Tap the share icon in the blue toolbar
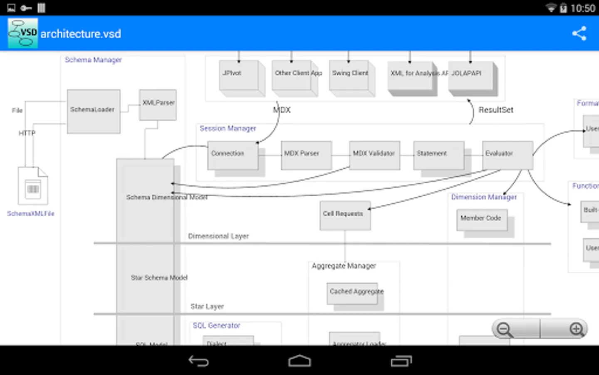coord(579,34)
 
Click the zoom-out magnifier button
coord(505,330)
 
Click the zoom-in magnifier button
coord(577,329)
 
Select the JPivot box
coord(238,75)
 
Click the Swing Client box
coord(349,75)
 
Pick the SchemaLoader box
coord(94,111)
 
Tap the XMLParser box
coord(158,105)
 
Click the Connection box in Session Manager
coord(233,155)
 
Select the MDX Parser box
coord(306,155)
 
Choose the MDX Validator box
coord(374,155)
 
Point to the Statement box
coord(438,155)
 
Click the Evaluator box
coord(507,155)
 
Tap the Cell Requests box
coord(345,215)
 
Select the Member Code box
coord(482,220)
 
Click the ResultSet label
coord(496,110)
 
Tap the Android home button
coord(299,361)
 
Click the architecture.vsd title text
coord(81,34)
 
